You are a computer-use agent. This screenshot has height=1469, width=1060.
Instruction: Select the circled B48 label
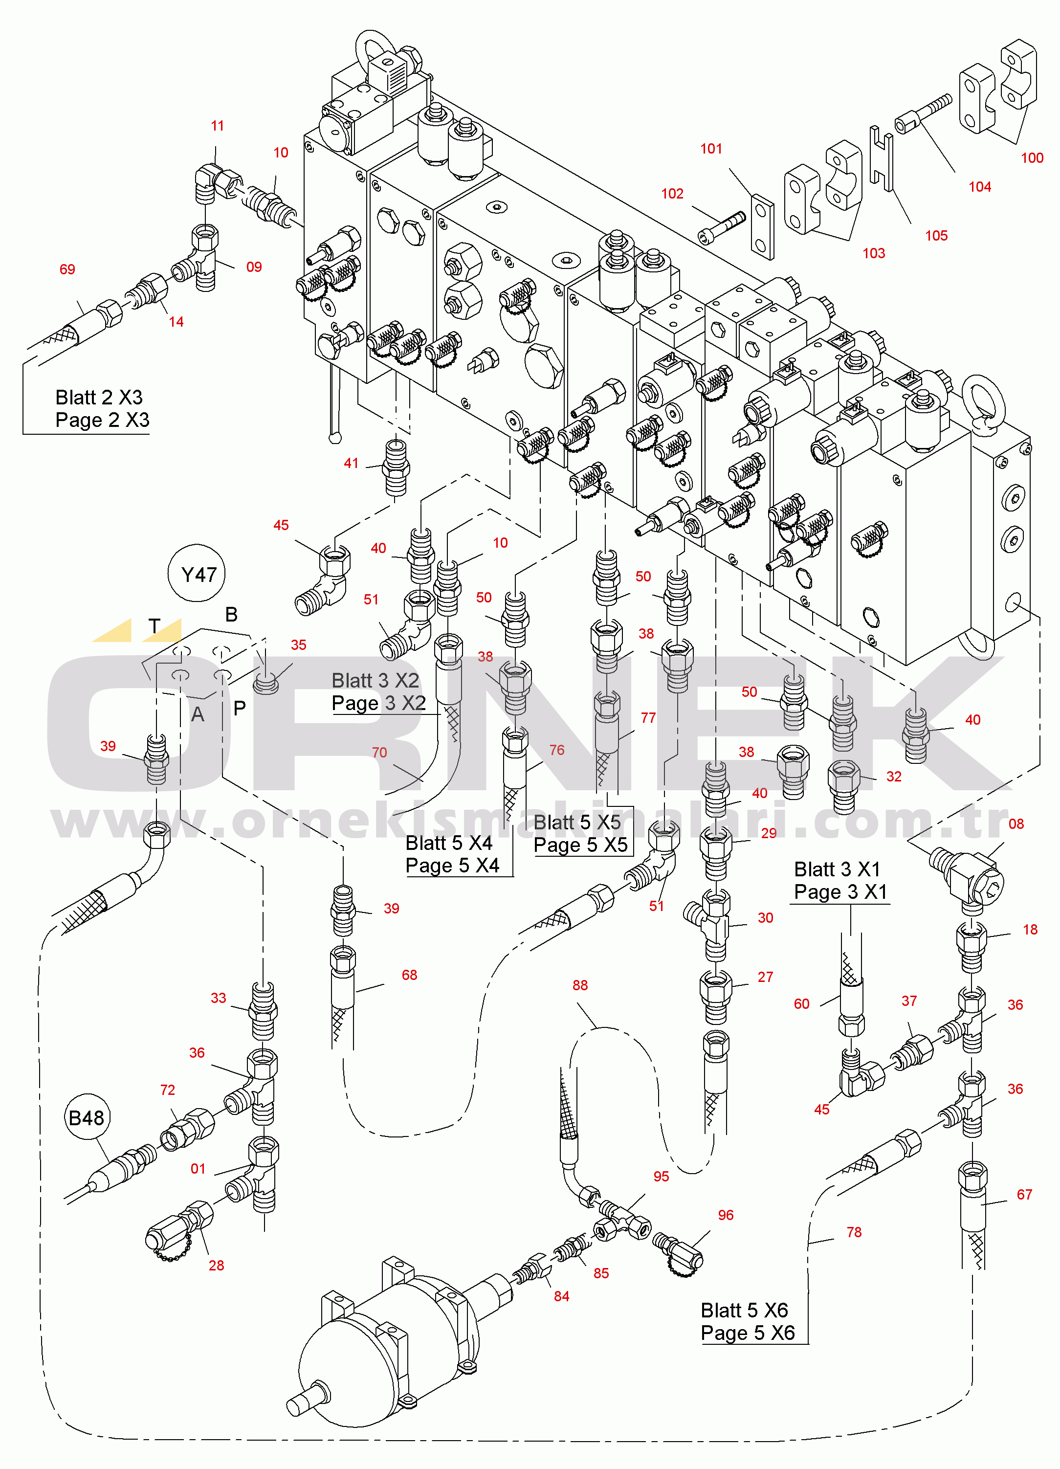pyautogui.click(x=86, y=1118)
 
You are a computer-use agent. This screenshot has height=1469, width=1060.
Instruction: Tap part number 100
pyautogui.click(x=1032, y=158)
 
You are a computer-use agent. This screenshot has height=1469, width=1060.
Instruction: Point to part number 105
pyautogui.click(x=936, y=236)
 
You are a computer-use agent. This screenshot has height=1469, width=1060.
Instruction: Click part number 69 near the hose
pyautogui.click(x=67, y=269)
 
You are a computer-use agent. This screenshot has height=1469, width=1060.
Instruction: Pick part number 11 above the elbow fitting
pyautogui.click(x=218, y=126)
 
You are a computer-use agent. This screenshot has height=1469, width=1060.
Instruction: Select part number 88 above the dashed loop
pyautogui.click(x=580, y=985)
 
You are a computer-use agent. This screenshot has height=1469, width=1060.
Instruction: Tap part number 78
pyautogui.click(x=854, y=1232)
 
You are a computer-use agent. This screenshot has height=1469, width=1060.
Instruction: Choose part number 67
pyautogui.click(x=1024, y=1194)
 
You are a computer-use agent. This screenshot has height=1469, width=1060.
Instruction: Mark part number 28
pyautogui.click(x=216, y=1265)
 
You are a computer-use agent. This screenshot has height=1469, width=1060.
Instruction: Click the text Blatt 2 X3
pyautogui.click(x=99, y=397)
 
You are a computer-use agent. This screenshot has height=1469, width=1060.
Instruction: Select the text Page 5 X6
pyautogui.click(x=748, y=1333)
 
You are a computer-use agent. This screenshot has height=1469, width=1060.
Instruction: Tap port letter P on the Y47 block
pyautogui.click(x=240, y=708)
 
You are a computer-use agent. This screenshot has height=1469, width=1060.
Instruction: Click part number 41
pyautogui.click(x=351, y=463)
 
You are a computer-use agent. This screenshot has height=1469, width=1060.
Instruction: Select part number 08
pyautogui.click(x=1016, y=824)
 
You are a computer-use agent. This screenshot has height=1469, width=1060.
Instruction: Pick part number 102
pyautogui.click(x=672, y=194)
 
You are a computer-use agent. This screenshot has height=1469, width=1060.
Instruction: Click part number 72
pyautogui.click(x=168, y=1090)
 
